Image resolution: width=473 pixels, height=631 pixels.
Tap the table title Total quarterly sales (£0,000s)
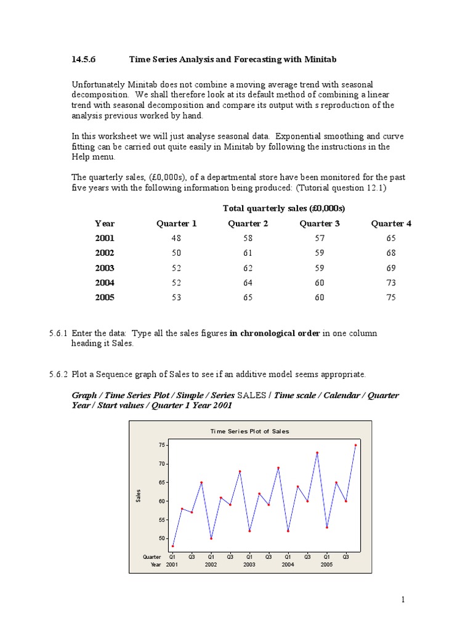[x=283, y=208]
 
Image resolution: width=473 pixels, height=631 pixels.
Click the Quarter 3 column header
[x=320, y=224]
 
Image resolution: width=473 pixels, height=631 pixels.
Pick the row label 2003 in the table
[x=105, y=268]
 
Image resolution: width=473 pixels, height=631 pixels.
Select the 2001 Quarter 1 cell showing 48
[x=176, y=238]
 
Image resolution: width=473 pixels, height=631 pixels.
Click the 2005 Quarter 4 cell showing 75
[x=391, y=298]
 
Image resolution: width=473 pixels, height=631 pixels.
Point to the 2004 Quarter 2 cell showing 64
[x=248, y=283]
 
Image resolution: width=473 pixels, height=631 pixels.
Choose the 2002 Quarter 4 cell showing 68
[x=391, y=253]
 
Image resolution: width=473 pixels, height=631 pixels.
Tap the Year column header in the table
[x=105, y=224]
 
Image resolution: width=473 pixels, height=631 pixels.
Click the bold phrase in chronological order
[x=275, y=333]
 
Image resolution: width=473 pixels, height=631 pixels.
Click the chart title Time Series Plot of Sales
[x=249, y=431]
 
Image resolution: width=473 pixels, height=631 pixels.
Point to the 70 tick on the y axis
[x=161, y=463]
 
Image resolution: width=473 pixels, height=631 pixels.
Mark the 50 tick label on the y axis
[x=161, y=539]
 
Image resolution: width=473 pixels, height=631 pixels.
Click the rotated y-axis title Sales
[x=139, y=494]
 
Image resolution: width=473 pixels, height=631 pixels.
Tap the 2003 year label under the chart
[x=249, y=564]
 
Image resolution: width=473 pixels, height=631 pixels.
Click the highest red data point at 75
[x=355, y=444]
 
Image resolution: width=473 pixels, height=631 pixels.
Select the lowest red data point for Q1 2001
[x=172, y=546]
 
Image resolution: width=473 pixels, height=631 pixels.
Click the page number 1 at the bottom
[x=403, y=599]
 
